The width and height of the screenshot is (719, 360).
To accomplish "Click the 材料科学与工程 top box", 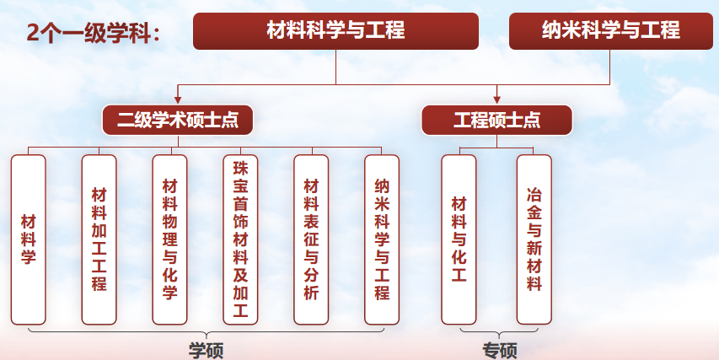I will tap(336, 31).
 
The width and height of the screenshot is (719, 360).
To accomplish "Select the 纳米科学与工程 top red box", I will tap(610, 31).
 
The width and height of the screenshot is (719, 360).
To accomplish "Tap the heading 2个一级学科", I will tap(93, 33).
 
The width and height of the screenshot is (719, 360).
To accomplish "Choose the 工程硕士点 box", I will tap(496, 120).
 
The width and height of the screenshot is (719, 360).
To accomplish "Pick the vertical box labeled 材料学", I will tap(29, 239).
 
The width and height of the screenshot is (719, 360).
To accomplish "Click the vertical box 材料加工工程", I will tap(99, 239).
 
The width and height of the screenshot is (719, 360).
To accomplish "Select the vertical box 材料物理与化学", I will tap(169, 239).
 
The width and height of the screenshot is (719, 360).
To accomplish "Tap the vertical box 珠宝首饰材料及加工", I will tap(240, 239).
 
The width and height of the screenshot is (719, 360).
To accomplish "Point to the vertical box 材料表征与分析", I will tap(311, 239).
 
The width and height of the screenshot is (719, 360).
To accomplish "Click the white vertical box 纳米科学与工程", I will tap(382, 239).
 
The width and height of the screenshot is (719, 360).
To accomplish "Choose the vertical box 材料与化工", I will tap(459, 239).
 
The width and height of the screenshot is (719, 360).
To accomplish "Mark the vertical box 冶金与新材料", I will tap(534, 239).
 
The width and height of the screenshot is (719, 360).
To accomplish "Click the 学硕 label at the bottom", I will tap(205, 349).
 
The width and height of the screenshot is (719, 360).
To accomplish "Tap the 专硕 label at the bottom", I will tap(499, 349).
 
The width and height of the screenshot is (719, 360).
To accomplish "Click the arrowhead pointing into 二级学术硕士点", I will tap(178, 99).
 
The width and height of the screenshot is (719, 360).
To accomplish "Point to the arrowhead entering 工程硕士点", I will tap(496, 99).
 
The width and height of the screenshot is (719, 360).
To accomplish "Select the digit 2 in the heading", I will tap(33, 33).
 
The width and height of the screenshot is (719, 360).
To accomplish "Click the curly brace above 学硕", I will tap(205, 332).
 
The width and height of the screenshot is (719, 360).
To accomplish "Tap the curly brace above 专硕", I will tap(497, 332).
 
